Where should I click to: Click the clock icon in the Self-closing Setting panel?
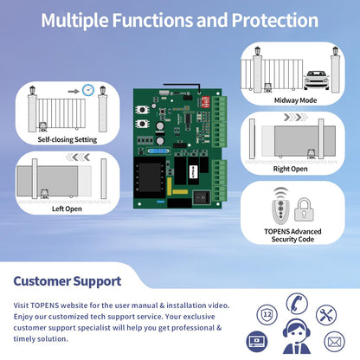pyautogui.click(x=88, y=90)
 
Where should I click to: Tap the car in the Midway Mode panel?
pyautogui.click(x=317, y=80)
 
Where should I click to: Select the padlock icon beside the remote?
pyautogui.click(x=304, y=209)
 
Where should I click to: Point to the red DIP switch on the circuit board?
pyautogui.click(x=206, y=102)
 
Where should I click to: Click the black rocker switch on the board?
pyautogui.click(x=202, y=197)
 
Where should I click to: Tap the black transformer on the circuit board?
pyautogui.click(x=150, y=177)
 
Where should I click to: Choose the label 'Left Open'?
pyautogui.click(x=67, y=209)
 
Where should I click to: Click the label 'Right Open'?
pyautogui.click(x=290, y=169)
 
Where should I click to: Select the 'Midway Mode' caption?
pyautogui.click(x=295, y=100)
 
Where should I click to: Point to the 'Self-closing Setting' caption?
pyautogui.click(x=67, y=139)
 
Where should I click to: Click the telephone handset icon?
pyautogui.click(x=297, y=303)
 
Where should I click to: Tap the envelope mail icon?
pyautogui.click(x=334, y=342)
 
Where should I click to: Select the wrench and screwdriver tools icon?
pyautogui.click(x=326, y=315)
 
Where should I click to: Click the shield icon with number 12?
pyautogui.click(x=267, y=314)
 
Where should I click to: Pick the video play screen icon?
pyautogui.click(x=256, y=342)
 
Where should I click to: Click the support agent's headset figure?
pyautogui.click(x=297, y=337)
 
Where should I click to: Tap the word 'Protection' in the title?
pyautogui.click(x=275, y=20)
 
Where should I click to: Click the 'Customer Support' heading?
pyautogui.click(x=67, y=281)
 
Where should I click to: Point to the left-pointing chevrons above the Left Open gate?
pyautogui.click(x=78, y=157)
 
